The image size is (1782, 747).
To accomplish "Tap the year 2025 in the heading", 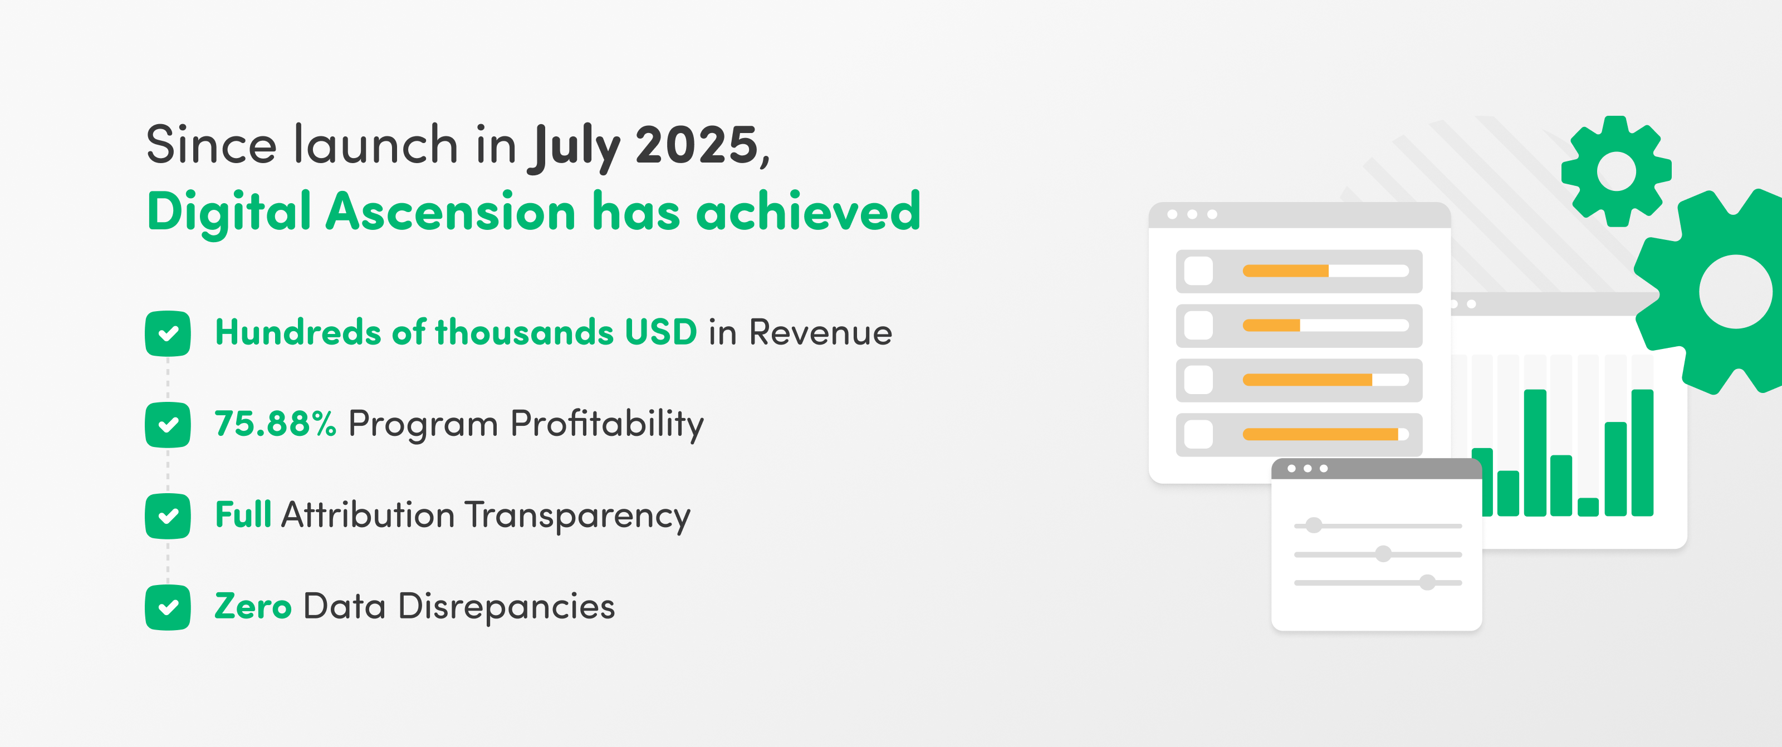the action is pyautogui.click(x=697, y=146).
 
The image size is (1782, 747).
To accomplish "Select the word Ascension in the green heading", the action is pyautogui.click(x=451, y=212).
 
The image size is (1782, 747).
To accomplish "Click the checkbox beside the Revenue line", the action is pyautogui.click(x=168, y=334).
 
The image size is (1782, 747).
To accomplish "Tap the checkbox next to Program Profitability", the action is pyautogui.click(x=168, y=425).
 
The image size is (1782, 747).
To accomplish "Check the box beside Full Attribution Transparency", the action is pyautogui.click(x=168, y=516).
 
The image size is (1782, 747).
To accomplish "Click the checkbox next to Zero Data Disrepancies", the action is pyautogui.click(x=168, y=607).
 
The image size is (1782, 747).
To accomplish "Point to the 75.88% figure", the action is pyautogui.click(x=275, y=423).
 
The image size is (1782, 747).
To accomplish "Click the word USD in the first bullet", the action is pyautogui.click(x=660, y=332).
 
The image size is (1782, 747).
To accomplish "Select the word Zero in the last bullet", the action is pyautogui.click(x=253, y=607).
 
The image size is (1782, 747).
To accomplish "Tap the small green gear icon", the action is pyautogui.click(x=1616, y=171).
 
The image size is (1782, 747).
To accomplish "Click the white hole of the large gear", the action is pyautogui.click(x=1736, y=292).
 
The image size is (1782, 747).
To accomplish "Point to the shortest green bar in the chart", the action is pyautogui.click(x=1588, y=507).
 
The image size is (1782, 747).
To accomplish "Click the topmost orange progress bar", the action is pyautogui.click(x=1285, y=271).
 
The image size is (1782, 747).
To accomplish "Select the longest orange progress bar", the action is pyautogui.click(x=1320, y=434).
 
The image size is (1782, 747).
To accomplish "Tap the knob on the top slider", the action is pyautogui.click(x=1314, y=525).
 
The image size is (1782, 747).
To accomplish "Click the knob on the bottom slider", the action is pyautogui.click(x=1427, y=582).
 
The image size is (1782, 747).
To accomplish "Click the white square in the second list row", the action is pyautogui.click(x=1198, y=326).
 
